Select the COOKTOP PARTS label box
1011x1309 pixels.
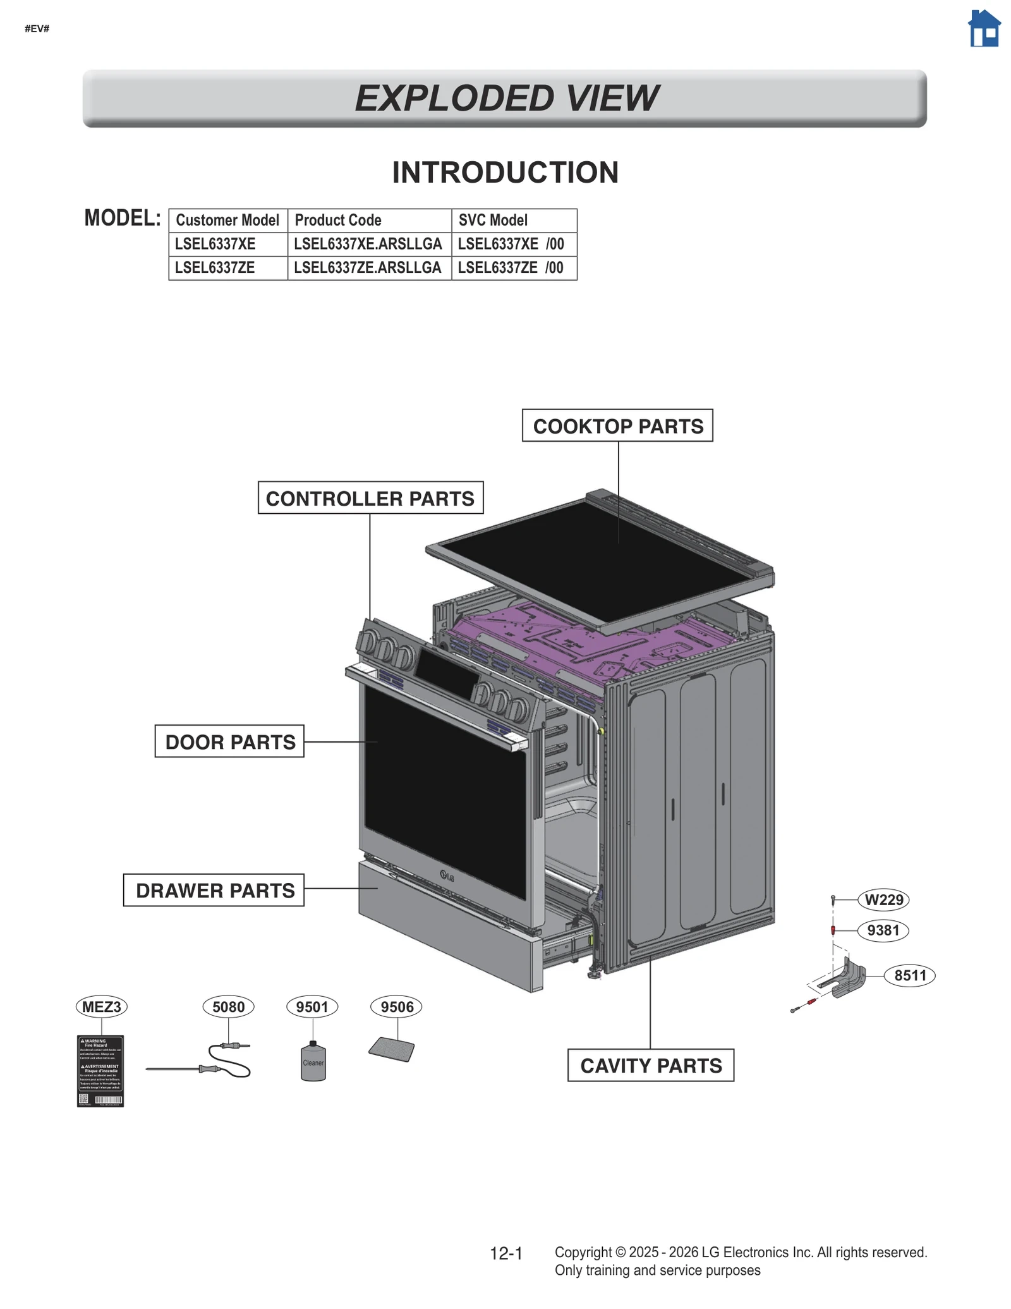[617, 425]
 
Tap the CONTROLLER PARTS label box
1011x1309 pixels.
[370, 497]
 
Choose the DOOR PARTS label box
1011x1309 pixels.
[229, 741]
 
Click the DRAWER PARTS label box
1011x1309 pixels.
[214, 890]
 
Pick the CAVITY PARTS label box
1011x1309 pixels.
[650, 1065]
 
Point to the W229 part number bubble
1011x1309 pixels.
[883, 899]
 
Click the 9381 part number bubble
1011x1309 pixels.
[883, 930]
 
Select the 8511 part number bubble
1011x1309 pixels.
[909, 975]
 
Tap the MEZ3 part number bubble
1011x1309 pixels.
[101, 1006]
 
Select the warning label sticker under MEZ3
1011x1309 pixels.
[100, 1071]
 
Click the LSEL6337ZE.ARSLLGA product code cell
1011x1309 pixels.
[368, 268]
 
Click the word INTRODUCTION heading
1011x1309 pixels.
[505, 173]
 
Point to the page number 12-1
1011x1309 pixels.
[506, 1253]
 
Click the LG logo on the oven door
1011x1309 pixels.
[447, 875]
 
